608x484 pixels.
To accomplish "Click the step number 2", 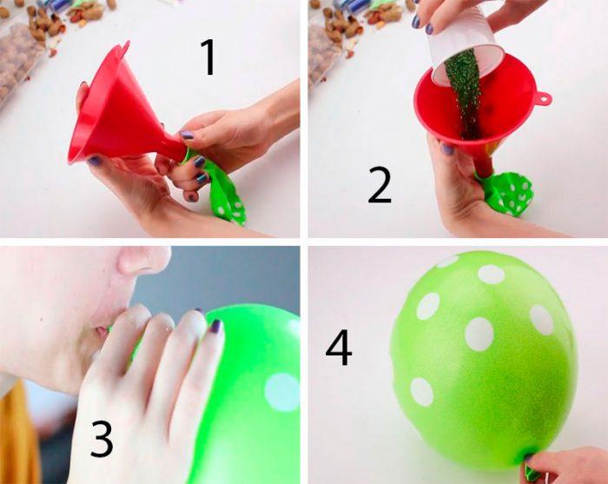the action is tap(380, 185).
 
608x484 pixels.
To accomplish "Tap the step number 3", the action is tap(102, 439).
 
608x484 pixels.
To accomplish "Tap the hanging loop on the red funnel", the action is tap(544, 98).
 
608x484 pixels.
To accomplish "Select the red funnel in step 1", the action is tap(124, 112).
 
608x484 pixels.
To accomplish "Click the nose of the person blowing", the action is tap(142, 259).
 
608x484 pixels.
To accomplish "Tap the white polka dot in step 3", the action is tap(281, 392).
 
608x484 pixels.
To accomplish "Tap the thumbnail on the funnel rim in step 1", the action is tap(95, 160).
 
